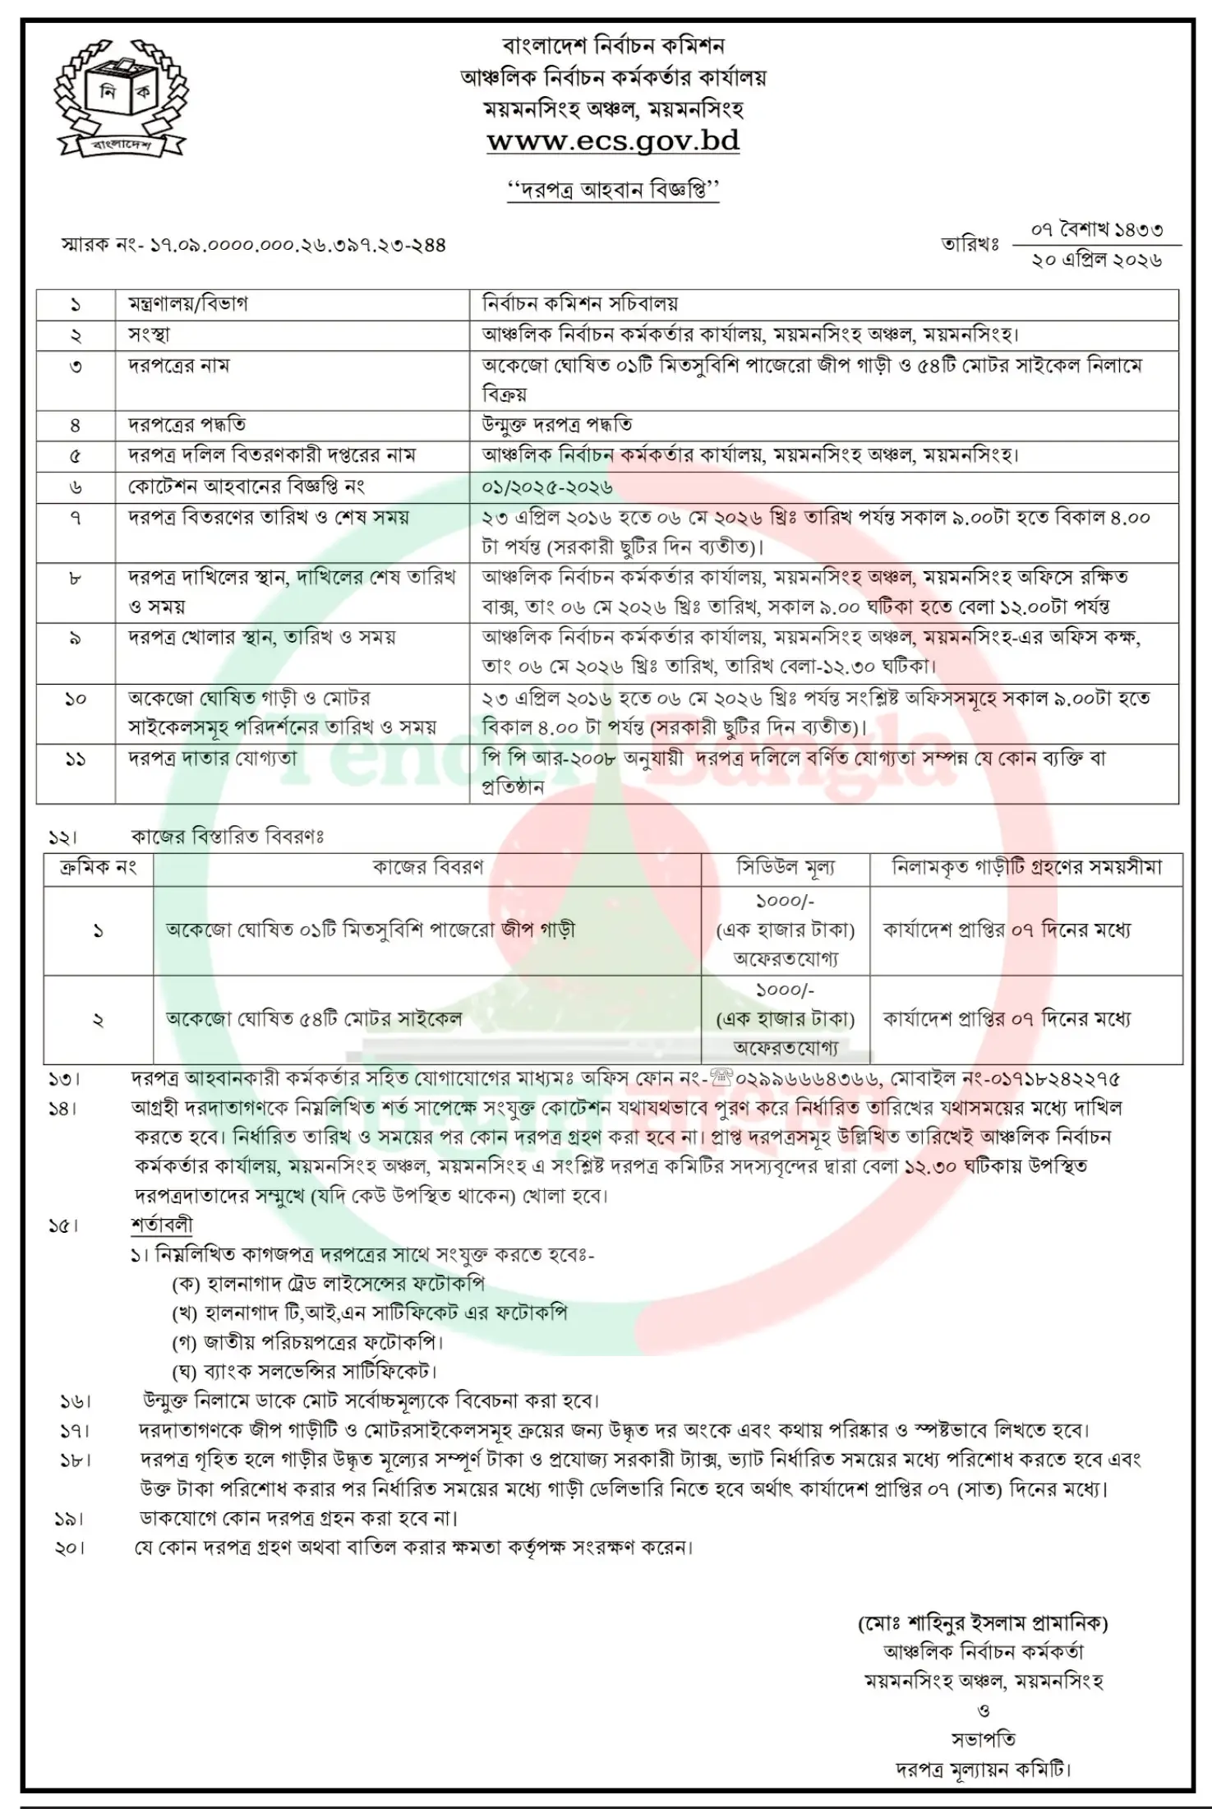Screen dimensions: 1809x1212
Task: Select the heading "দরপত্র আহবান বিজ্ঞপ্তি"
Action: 612,190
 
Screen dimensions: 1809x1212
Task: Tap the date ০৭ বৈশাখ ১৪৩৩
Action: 1096,230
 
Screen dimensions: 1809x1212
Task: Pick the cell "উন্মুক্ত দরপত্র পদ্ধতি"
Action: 557,425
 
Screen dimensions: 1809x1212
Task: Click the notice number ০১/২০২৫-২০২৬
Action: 547,487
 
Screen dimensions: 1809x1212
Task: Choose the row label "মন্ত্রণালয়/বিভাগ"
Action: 187,303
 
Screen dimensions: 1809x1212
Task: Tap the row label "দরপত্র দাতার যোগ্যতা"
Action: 212,758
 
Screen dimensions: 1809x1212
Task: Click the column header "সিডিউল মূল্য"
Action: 785,867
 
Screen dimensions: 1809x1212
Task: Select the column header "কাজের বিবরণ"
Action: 427,867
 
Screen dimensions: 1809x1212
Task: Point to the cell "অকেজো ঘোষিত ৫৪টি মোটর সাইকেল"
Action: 314,1019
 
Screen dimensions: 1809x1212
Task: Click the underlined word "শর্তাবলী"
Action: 161,1225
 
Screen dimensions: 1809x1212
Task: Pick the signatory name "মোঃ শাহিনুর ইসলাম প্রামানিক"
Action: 983,1623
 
